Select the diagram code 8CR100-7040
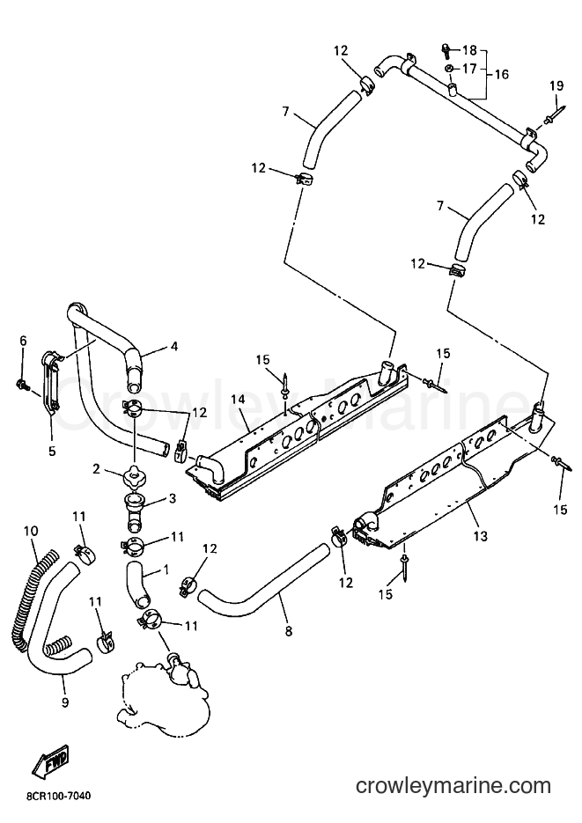58,797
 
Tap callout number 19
556,85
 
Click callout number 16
502,74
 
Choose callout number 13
480,536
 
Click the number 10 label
31,531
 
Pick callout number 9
65,702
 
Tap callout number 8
288,631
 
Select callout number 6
23,341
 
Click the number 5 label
52,451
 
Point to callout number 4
174,346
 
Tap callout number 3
172,497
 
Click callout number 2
96,468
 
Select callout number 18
469,50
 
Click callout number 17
469,69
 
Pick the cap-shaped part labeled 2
133,476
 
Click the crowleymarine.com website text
453,786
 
